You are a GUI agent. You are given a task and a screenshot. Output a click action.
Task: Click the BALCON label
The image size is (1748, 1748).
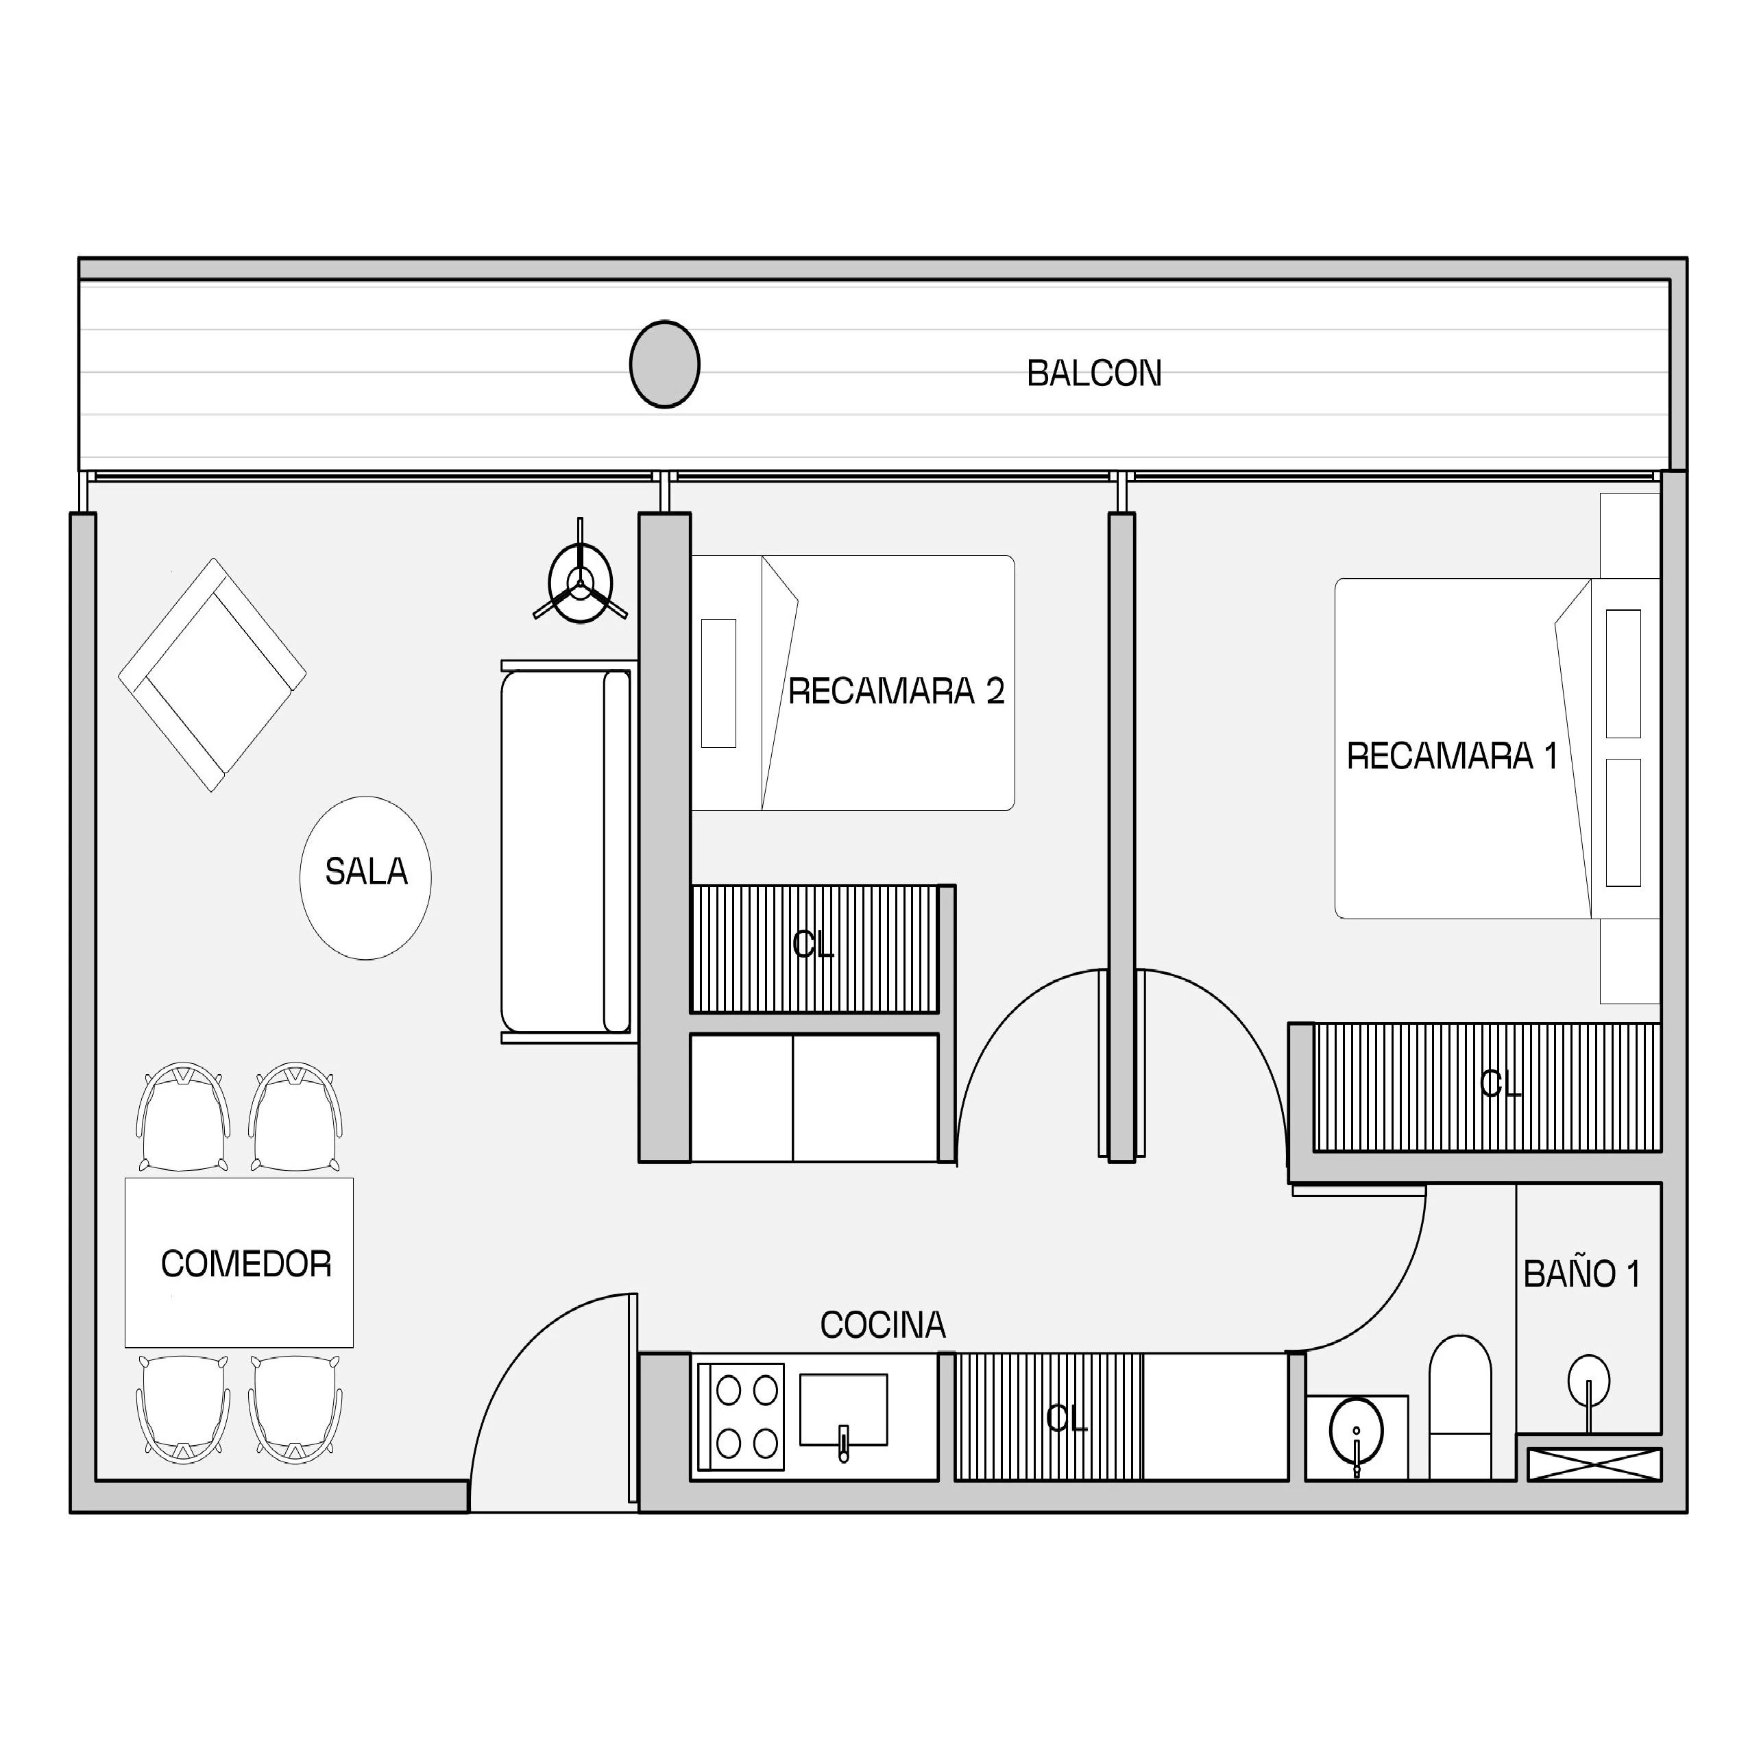[x=1094, y=374]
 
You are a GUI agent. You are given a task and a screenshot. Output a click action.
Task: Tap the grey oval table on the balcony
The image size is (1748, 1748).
[x=665, y=365]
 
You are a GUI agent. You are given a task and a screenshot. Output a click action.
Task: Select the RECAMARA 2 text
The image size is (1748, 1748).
[x=896, y=691]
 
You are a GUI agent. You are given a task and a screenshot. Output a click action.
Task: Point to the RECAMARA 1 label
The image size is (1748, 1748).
[x=1452, y=756]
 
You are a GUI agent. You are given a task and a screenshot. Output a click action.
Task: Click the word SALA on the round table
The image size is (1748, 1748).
[x=367, y=872]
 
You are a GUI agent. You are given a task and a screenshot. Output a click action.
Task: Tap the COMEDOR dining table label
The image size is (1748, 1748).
[x=246, y=1264]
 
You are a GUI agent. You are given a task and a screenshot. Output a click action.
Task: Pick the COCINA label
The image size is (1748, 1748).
[x=883, y=1326]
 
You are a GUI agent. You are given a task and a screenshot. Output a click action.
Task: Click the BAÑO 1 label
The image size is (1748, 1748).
[x=1581, y=1273]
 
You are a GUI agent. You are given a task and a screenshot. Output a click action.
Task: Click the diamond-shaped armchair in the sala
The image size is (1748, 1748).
[x=213, y=675]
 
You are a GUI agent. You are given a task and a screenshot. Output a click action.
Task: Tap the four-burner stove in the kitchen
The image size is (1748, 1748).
[x=741, y=1417]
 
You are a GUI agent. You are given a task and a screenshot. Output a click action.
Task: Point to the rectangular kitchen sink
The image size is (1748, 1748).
[x=843, y=1411]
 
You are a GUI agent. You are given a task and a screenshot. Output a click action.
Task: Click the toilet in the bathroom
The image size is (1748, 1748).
[x=1459, y=1408]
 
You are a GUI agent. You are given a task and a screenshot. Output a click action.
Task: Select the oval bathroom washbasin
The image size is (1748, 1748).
[x=1356, y=1431]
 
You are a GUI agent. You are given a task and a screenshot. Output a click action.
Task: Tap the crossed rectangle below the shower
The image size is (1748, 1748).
[x=1594, y=1465]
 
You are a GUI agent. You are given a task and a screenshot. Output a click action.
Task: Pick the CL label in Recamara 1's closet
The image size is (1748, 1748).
[x=1501, y=1083]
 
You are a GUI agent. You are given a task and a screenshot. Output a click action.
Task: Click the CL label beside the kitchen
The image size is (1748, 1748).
[x=1067, y=1418]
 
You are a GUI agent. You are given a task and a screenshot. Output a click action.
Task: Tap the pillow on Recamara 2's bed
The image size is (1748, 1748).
[x=718, y=683]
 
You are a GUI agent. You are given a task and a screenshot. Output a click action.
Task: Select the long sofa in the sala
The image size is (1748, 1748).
[x=568, y=851]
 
